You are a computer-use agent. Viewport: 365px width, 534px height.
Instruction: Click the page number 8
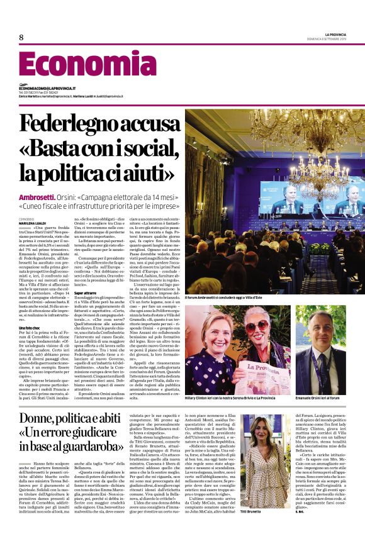click(21, 38)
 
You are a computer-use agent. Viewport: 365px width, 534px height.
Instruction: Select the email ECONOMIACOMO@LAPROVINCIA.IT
click(47, 89)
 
